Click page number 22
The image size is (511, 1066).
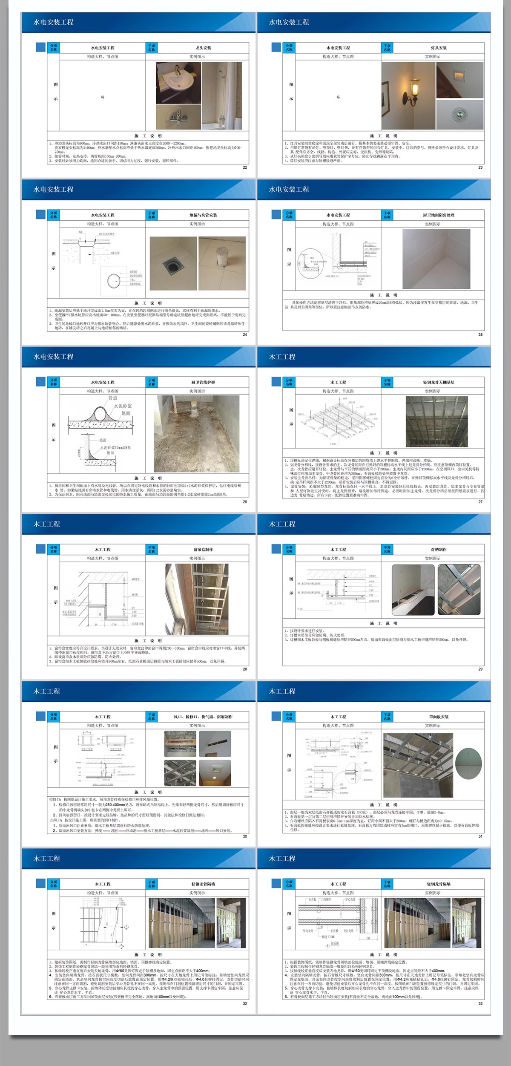coord(245,167)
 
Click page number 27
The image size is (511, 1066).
coord(480,502)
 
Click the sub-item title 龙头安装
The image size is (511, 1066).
coord(203,48)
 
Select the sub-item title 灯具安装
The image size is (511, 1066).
coord(439,48)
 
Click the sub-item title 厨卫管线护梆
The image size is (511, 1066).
coord(203,382)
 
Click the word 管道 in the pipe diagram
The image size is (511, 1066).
coord(112,398)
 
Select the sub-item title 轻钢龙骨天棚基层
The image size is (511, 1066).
coord(439,382)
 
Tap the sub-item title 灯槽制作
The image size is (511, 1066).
coord(439,550)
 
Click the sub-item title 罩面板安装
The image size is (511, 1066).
coord(439,717)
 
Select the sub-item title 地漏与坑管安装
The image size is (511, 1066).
coord(203,215)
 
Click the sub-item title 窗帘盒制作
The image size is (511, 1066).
coord(203,550)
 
